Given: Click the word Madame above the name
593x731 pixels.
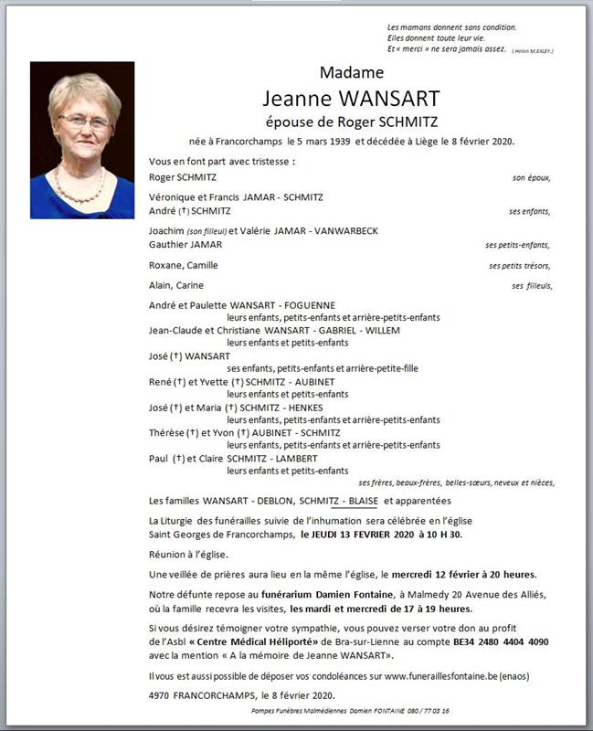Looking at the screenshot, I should point(352,72).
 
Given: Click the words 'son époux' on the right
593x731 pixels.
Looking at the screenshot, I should point(532,178).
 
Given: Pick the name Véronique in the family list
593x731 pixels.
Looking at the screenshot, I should point(173,196).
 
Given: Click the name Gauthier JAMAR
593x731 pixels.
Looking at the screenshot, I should point(185,245).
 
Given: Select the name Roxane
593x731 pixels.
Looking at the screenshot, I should point(165,265).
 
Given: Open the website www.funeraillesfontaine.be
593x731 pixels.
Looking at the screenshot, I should point(447,676).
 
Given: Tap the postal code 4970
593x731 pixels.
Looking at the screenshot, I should point(160,694).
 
